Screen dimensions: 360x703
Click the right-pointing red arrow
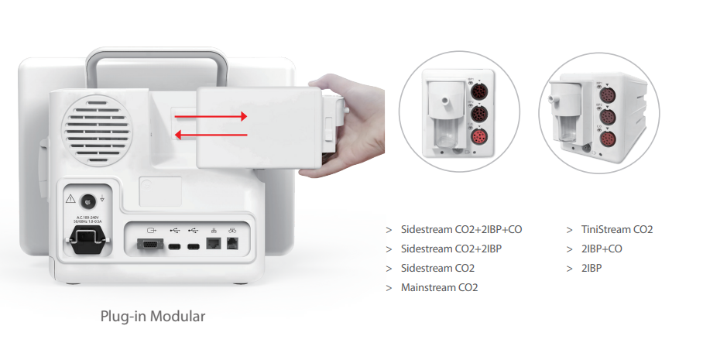pyautogui.click(x=210, y=116)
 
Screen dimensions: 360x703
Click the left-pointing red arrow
pyautogui.click(x=210, y=135)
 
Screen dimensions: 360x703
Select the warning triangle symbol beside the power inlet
pyautogui.click(x=71, y=198)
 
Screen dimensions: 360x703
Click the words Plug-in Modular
pyautogui.click(x=153, y=317)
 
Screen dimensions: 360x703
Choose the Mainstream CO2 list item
pyautogui.click(x=439, y=288)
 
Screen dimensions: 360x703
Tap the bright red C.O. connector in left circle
pyautogui.click(x=478, y=139)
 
